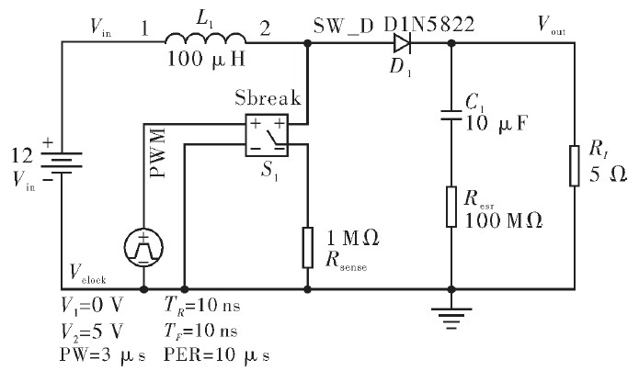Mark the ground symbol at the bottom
[451, 316]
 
